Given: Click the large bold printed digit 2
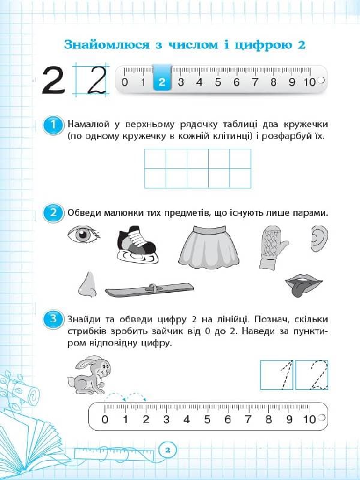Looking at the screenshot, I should pos(54,80).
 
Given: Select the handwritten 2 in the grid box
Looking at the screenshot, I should pos(92,80).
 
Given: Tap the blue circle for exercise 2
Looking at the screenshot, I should pos(54,213).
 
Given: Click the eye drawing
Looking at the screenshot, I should pos(85,235).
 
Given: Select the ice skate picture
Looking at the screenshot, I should pos(136,245).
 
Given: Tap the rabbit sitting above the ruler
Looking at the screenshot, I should pos(89,376).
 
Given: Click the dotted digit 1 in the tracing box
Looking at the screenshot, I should pos(277,374).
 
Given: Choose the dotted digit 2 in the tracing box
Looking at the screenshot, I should pos(313,374).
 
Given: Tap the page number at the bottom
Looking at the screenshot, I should pos(168,450).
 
